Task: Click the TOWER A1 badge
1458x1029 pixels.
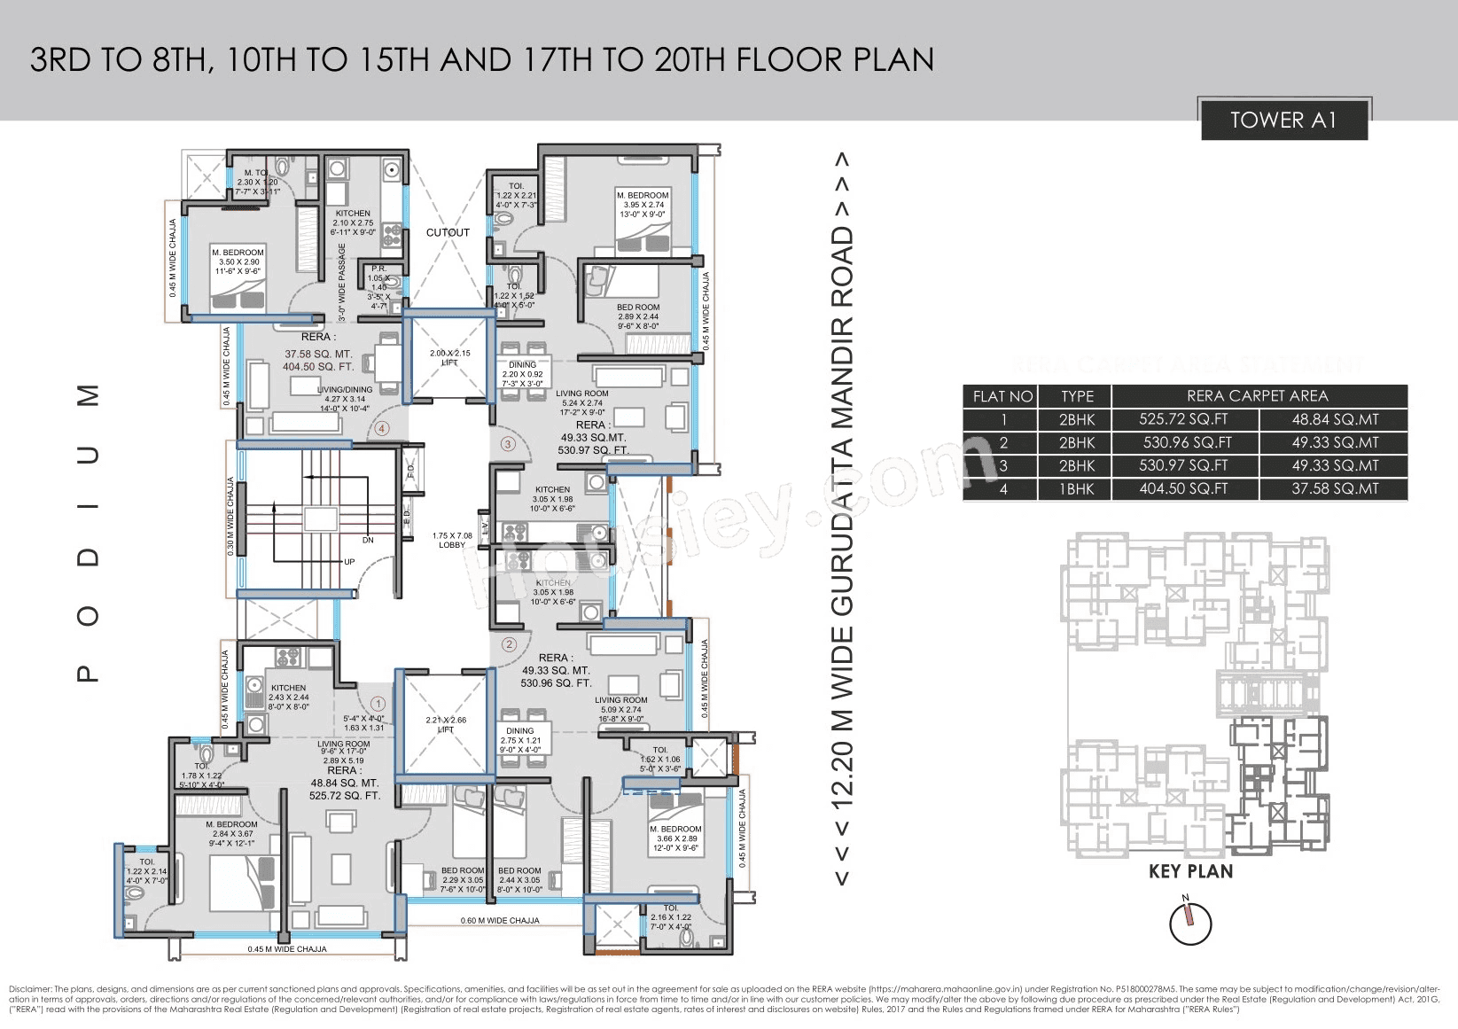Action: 1283,121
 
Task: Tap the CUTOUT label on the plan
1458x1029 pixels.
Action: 448,232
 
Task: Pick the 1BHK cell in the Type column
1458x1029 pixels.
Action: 1076,489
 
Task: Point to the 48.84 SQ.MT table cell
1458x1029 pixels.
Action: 1335,420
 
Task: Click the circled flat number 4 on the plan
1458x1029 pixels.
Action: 382,429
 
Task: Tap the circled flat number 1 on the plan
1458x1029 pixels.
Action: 378,704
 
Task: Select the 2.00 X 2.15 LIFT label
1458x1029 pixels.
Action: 449,357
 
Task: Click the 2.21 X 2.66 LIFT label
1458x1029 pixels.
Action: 446,724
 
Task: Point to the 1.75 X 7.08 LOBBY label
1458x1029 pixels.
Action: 452,540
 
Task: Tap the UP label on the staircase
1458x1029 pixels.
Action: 349,562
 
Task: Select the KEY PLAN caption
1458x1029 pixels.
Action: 1190,871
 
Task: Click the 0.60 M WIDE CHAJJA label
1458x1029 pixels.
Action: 500,921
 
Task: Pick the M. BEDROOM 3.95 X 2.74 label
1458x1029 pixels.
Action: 643,205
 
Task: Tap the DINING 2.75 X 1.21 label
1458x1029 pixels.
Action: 520,740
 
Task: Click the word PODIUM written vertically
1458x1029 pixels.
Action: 89,532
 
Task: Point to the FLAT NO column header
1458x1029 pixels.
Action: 1002,396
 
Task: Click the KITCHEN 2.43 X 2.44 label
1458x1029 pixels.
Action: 289,698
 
